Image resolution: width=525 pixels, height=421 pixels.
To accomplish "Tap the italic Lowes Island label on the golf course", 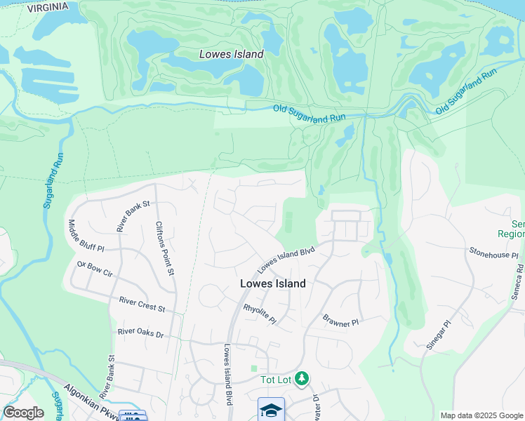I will point(231,54).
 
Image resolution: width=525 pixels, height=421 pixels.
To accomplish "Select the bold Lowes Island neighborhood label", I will point(273,283).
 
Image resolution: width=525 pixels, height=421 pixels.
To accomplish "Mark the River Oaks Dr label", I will point(140,333).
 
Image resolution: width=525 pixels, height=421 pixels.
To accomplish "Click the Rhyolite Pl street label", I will point(260,314).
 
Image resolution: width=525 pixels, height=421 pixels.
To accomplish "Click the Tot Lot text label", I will point(276,380).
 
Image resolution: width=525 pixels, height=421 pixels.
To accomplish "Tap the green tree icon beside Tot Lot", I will point(302,379).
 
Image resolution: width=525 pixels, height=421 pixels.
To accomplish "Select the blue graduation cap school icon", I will point(271,409).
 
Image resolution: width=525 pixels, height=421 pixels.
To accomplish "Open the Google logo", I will point(23,413).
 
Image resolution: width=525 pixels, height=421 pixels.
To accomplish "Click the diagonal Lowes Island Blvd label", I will point(286,260).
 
